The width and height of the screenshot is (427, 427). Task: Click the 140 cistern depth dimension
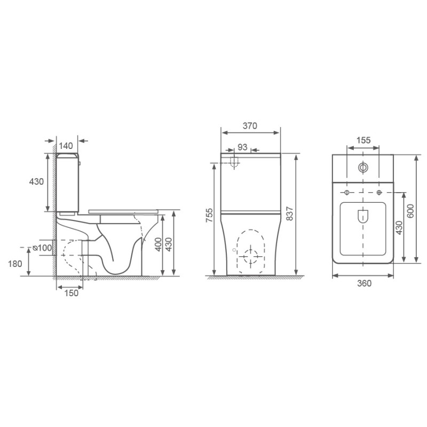coord(66,146)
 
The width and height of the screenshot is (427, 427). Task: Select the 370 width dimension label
coord(250,125)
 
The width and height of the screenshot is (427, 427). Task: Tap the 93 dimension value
coord(242,147)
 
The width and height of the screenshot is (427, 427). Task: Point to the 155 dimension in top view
coord(363,140)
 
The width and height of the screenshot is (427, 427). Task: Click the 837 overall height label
coord(290,213)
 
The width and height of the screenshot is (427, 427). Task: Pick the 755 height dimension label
coord(210,215)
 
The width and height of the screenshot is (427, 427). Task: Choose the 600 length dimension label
coord(410,211)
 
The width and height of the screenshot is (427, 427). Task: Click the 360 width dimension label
coord(364,283)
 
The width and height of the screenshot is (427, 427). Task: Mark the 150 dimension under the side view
coord(71,293)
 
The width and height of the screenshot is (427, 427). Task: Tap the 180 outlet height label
coord(15,264)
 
